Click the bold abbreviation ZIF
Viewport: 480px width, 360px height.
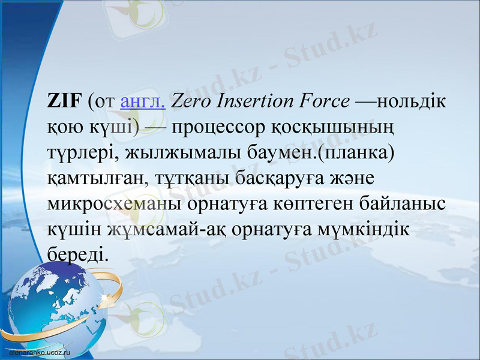tap(64, 101)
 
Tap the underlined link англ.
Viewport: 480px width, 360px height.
tap(143, 102)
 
